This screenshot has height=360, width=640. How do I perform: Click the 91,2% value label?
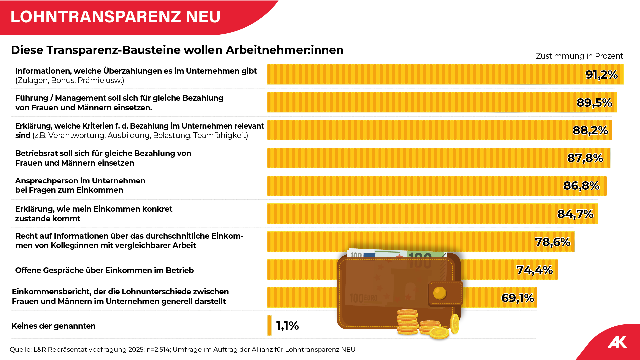point(601,75)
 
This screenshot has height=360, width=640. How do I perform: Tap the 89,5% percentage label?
point(594,103)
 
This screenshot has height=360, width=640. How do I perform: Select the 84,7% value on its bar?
point(575,214)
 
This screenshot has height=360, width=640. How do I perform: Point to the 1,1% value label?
point(287,326)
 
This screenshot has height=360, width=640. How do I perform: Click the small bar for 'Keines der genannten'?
point(269,325)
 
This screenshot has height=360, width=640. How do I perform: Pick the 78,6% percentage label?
point(553,242)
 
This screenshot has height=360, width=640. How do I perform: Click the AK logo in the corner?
point(617,342)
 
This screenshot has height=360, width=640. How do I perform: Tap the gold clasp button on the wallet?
point(440,293)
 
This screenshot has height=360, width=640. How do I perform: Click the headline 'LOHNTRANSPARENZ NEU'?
point(115,17)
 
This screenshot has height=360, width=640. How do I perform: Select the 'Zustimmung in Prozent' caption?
point(579,56)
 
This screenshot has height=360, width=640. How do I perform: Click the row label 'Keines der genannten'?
point(54,326)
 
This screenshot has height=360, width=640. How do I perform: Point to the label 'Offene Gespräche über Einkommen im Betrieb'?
point(104,270)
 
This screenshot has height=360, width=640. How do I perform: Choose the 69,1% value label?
point(518,298)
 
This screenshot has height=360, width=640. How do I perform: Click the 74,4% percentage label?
point(534,270)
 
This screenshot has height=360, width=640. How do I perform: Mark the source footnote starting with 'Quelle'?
point(183,349)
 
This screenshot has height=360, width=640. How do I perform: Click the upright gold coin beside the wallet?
point(455,323)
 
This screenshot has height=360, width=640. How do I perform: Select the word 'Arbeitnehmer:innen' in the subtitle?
point(285,50)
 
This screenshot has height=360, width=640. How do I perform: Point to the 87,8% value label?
point(585,158)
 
